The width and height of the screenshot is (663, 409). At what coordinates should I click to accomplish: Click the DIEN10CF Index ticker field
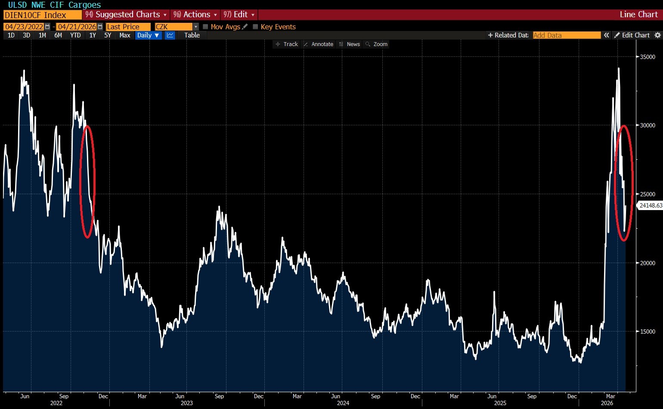tap(42, 15)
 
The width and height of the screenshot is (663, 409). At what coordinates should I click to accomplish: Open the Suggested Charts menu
tap(127, 15)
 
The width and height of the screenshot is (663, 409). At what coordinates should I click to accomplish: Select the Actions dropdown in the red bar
tap(196, 15)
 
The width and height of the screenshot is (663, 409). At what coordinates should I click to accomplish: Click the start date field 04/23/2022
tap(24, 27)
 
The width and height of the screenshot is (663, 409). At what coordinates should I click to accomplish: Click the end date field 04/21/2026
tap(77, 27)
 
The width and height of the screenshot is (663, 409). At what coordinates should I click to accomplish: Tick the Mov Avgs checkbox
tap(205, 27)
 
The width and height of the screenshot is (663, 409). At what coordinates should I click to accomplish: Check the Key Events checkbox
tap(255, 27)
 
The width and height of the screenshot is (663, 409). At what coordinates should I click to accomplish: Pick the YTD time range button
tap(75, 35)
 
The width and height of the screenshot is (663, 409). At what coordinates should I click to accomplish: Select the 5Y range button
tap(108, 35)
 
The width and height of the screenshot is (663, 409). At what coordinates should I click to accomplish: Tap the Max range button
tap(124, 35)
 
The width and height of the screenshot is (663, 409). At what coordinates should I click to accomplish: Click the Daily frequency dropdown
tap(148, 35)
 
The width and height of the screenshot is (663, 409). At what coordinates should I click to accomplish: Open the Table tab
tap(192, 35)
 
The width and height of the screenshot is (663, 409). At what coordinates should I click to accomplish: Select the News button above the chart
tap(353, 44)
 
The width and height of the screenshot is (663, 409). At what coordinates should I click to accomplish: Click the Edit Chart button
tap(632, 35)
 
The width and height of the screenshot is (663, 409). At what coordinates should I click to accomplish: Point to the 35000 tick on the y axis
tap(647, 57)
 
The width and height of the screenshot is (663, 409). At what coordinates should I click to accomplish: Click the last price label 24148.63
tap(650, 205)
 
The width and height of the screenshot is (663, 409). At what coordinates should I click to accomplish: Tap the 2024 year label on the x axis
tap(343, 403)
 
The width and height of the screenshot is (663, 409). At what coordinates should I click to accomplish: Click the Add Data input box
tap(566, 35)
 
